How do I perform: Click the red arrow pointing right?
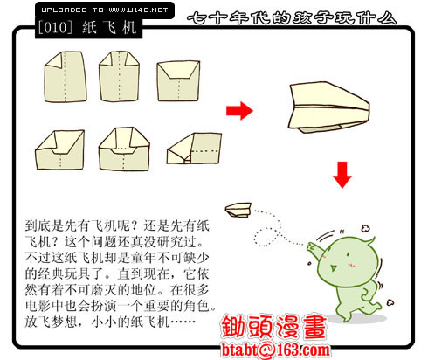coord(239,111)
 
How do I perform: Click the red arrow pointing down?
coord(342,175)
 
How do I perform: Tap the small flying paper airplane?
coord(238,210)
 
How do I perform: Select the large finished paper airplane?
coord(329,107)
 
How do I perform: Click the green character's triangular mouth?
coord(333,267)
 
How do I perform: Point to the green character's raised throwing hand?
coord(313,247)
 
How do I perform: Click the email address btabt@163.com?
coord(276,350)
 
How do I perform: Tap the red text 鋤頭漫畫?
coord(273,327)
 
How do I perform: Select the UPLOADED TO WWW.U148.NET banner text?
coord(105,10)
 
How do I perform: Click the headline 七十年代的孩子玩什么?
coord(292,18)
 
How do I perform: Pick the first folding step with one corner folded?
coord(66,77)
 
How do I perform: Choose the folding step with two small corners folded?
coord(119,77)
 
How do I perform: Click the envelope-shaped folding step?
coord(178,80)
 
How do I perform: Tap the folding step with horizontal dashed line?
coord(194,149)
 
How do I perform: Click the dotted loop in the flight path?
coord(266,237)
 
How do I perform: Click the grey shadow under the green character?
coord(358,318)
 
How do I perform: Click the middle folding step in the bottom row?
coord(124,149)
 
